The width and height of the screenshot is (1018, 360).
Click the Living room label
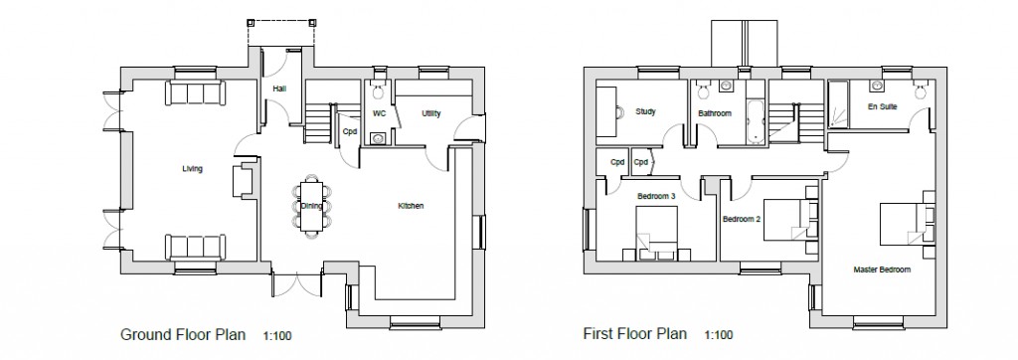click(192, 169)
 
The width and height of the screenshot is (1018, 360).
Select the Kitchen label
click(411, 206)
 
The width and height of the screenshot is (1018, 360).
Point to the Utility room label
click(431, 113)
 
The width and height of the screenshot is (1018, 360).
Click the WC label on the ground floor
click(379, 113)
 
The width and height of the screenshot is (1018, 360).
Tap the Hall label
click(279, 89)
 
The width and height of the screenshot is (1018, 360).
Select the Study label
click(645, 111)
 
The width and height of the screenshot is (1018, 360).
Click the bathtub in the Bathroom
click(755, 121)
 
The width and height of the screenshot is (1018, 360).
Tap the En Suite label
click(883, 106)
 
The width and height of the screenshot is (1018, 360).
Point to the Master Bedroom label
click(882, 270)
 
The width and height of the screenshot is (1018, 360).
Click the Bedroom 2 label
click(742, 219)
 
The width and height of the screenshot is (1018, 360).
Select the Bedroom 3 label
click(656, 196)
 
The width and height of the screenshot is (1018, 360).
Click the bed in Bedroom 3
click(657, 233)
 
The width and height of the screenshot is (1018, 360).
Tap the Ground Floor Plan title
click(183, 335)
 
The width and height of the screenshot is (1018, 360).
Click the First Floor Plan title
click(634, 334)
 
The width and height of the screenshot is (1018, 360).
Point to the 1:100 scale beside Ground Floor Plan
click(277, 336)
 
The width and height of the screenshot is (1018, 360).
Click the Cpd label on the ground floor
click(350, 131)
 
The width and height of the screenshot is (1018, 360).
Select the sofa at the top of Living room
click(196, 92)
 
